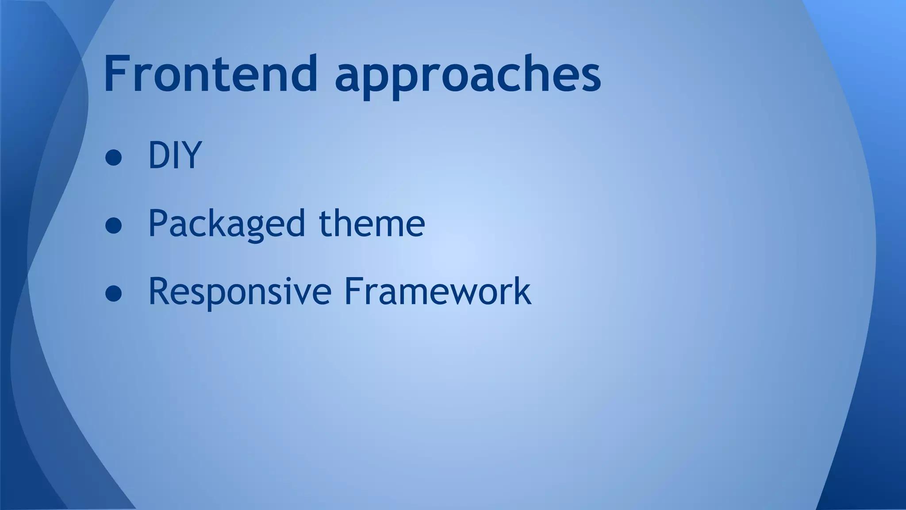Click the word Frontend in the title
[x=211, y=73]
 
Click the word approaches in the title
[x=468, y=75]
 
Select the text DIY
[x=175, y=155]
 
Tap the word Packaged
[x=226, y=224]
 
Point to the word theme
[x=372, y=223]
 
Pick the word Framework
[x=438, y=291]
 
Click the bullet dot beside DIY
[x=114, y=158]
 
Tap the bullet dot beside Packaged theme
[x=114, y=226]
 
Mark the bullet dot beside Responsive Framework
[x=114, y=294]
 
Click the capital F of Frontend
[x=116, y=73]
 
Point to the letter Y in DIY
[x=192, y=155]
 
